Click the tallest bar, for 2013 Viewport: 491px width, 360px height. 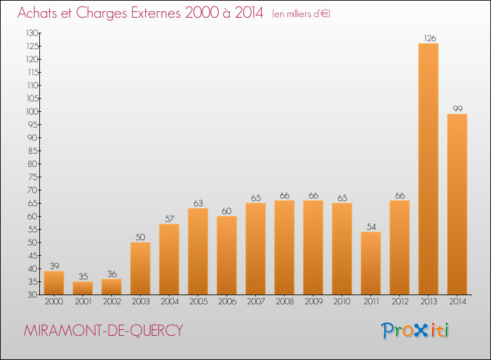[x=428, y=169]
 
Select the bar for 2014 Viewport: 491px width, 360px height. [x=457, y=204]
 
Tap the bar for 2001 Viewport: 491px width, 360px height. [x=82, y=288]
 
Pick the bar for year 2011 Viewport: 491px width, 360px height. [x=371, y=263]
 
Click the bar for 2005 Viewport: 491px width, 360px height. [x=198, y=251]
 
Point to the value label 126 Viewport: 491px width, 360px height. [x=429, y=38]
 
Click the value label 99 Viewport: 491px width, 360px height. [x=458, y=109]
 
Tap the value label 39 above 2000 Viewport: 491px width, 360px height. [x=54, y=266]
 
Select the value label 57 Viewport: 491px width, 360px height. [x=170, y=219]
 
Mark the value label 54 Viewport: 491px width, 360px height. [x=371, y=226]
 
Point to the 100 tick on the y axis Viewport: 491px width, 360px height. [x=33, y=112]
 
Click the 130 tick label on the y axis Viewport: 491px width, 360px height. [x=32, y=33]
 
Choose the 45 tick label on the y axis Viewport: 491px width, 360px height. [x=33, y=256]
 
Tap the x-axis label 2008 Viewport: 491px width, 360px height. [x=285, y=302]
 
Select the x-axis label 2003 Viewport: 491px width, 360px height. [x=141, y=302]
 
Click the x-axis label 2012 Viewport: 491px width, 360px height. [x=400, y=302]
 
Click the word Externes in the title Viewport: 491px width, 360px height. [x=156, y=13]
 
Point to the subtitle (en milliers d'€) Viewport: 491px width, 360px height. [x=301, y=14]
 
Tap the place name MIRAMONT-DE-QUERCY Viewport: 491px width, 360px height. [x=103, y=331]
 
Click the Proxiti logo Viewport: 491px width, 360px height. [x=415, y=331]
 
